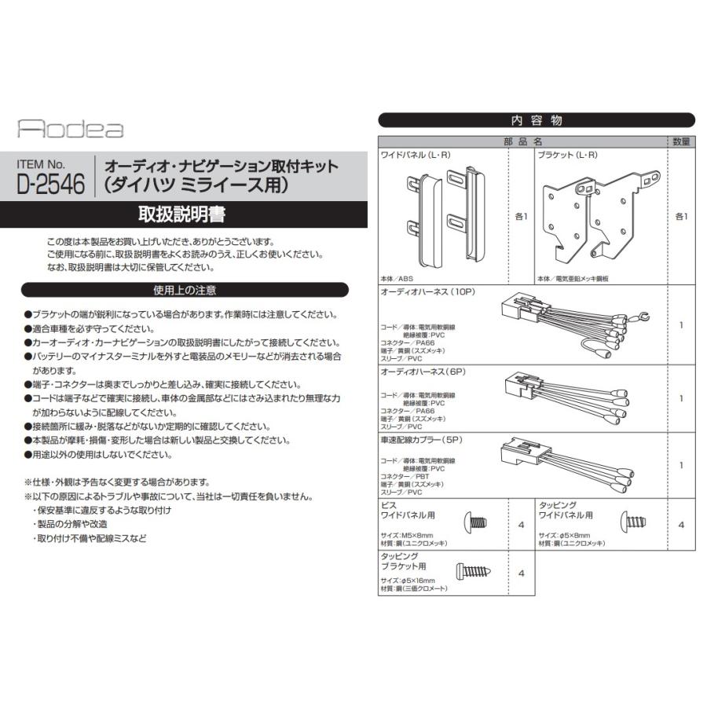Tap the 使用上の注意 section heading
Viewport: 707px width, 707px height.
[185, 290]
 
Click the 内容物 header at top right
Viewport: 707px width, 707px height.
[537, 120]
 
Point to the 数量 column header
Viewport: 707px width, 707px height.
[681, 142]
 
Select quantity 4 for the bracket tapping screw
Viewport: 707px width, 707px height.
[521, 573]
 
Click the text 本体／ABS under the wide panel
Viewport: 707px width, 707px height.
[397, 279]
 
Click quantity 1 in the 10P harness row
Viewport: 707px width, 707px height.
[681, 324]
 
